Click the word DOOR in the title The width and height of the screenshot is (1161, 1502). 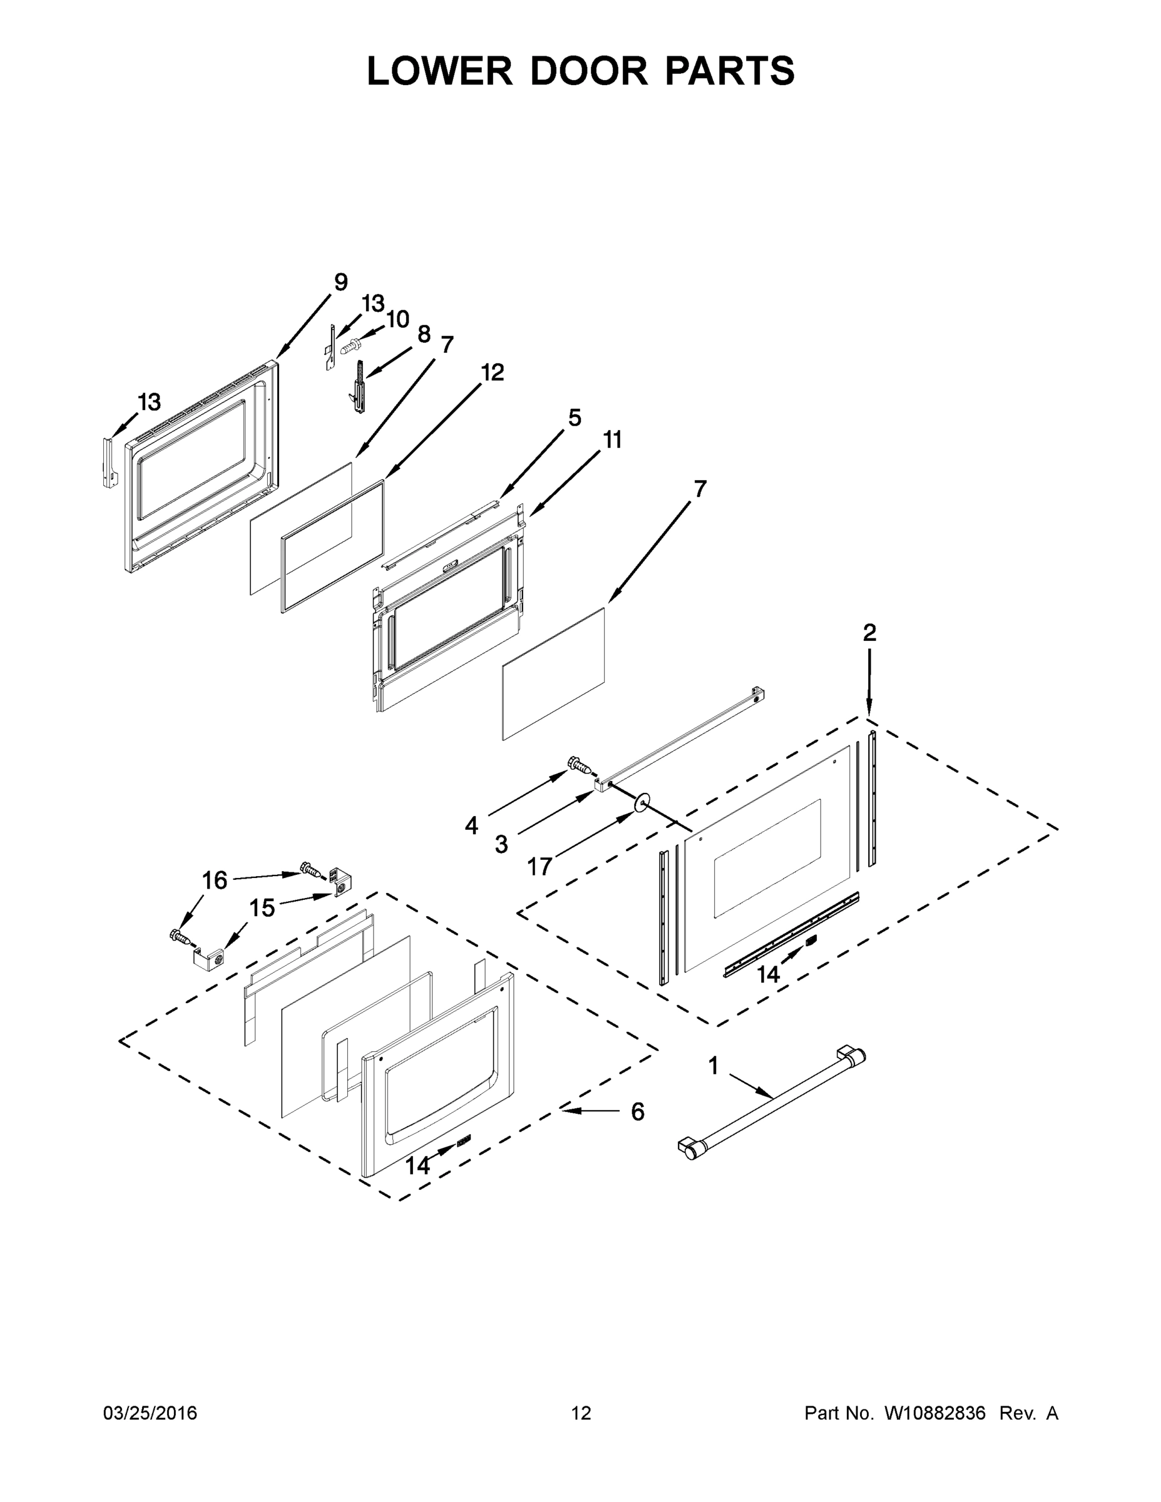(589, 71)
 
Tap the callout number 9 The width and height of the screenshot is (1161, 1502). (341, 282)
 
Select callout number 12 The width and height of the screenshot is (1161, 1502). (493, 372)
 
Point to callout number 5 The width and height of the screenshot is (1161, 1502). (575, 417)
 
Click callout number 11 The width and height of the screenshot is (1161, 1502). (612, 439)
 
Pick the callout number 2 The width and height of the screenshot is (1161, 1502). (869, 633)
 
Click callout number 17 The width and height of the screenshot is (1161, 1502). (540, 867)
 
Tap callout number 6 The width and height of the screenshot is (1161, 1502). (638, 1111)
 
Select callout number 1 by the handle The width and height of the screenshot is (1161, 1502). (713, 1066)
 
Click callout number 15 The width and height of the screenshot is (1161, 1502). (262, 908)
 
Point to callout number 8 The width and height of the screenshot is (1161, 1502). (424, 334)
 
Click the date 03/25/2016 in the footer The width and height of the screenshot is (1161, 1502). (150, 1413)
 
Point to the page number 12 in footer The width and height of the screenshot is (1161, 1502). (581, 1413)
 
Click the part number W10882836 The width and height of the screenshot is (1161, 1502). (934, 1413)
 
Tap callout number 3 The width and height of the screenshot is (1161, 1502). (501, 844)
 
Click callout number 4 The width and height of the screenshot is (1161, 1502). (471, 825)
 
